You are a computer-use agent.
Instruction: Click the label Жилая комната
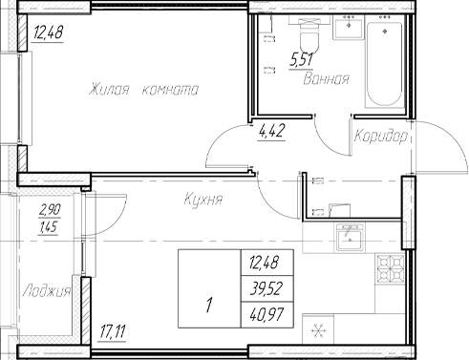(143, 92)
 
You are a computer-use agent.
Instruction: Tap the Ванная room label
(326, 79)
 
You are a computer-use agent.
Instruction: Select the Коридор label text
(380, 138)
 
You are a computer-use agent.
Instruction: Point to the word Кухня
(203, 201)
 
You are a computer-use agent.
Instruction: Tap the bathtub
(385, 62)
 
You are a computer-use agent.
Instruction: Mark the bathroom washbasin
(344, 32)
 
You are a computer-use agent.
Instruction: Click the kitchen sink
(351, 239)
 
